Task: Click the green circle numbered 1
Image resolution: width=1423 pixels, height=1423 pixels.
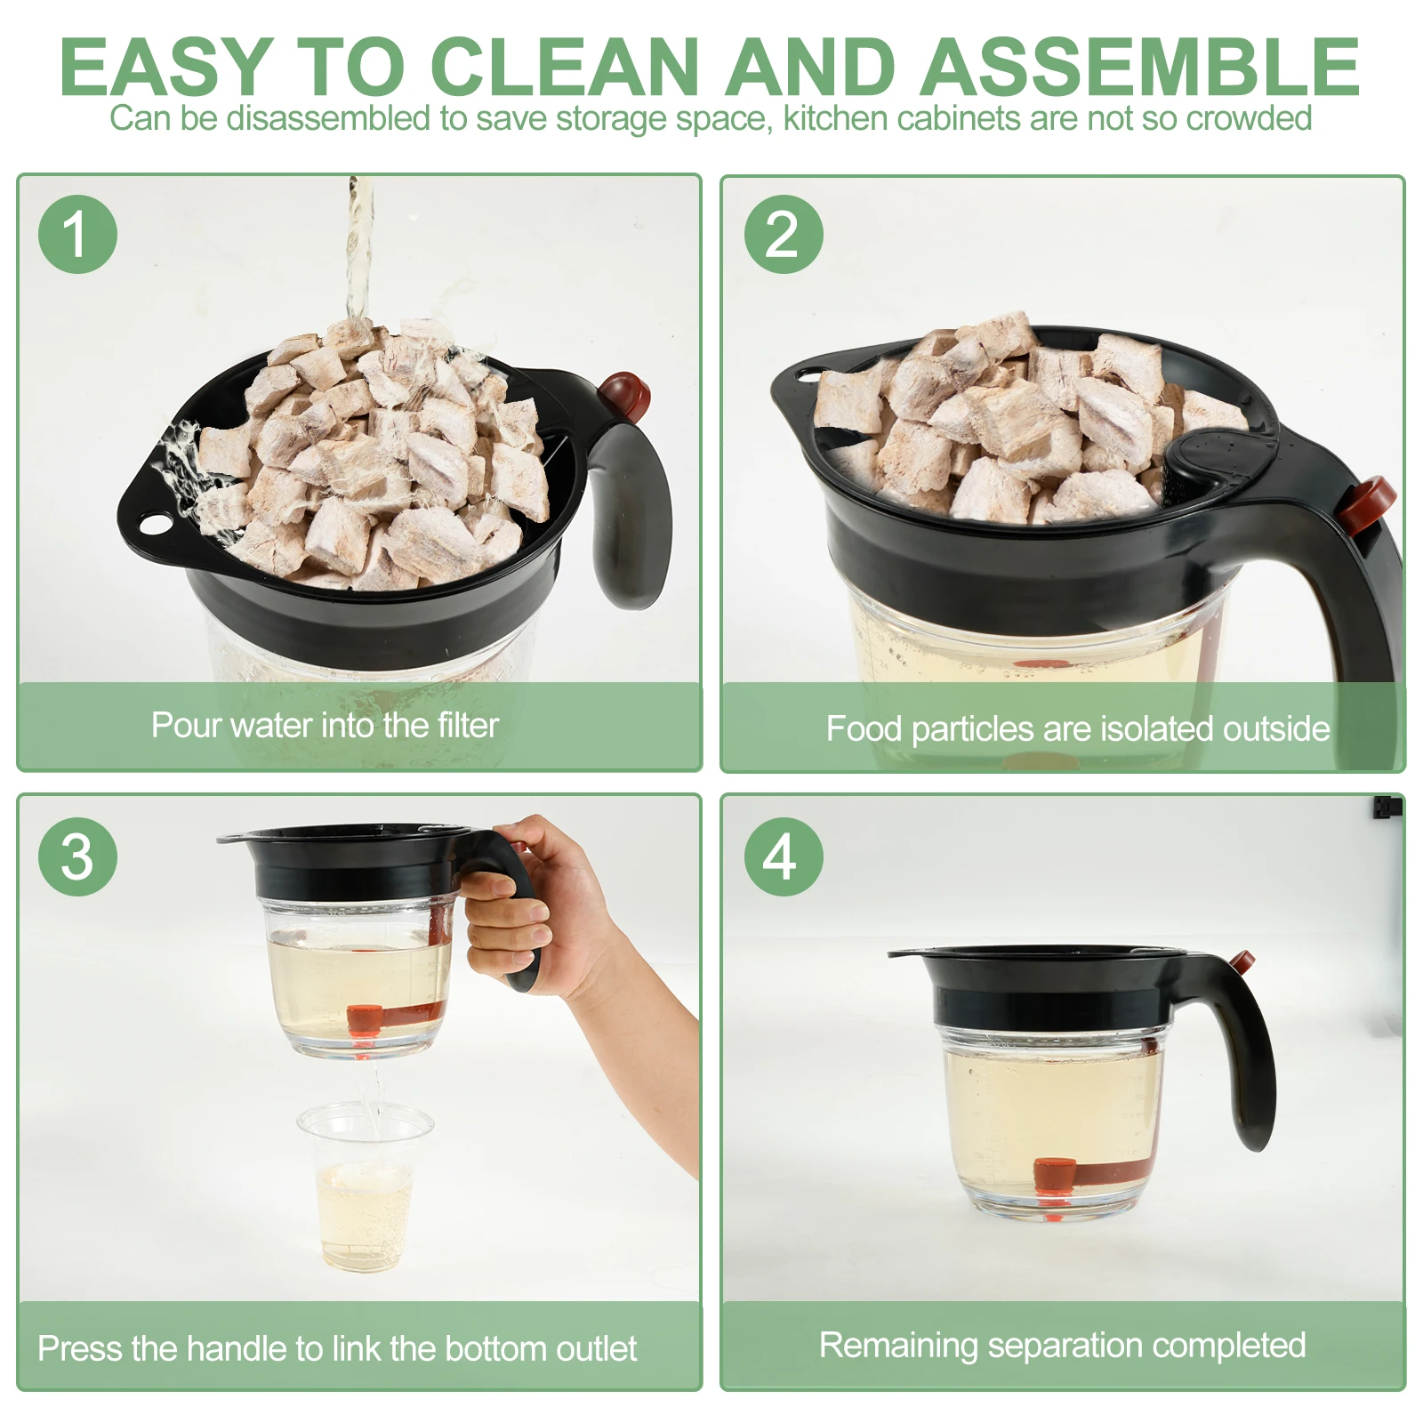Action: pos(77,234)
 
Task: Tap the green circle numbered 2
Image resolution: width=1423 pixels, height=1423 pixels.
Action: pos(784,234)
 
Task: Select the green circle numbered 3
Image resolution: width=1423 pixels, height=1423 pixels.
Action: pos(77,856)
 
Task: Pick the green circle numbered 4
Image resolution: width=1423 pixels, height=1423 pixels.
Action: pos(784,856)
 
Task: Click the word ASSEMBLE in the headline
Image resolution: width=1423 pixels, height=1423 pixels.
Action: pos(1139,67)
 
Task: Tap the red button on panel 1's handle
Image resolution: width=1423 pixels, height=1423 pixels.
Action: pos(625,395)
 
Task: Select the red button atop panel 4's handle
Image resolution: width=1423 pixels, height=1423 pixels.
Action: pos(1242,961)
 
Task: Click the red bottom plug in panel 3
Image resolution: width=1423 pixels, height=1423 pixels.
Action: pos(365,1020)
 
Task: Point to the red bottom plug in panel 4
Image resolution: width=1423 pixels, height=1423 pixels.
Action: pos(1055,1177)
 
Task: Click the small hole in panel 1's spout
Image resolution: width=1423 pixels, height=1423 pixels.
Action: pos(156,524)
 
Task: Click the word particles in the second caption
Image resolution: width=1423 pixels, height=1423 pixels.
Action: pos(974,729)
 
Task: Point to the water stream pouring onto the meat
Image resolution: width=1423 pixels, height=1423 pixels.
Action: pos(359,249)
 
